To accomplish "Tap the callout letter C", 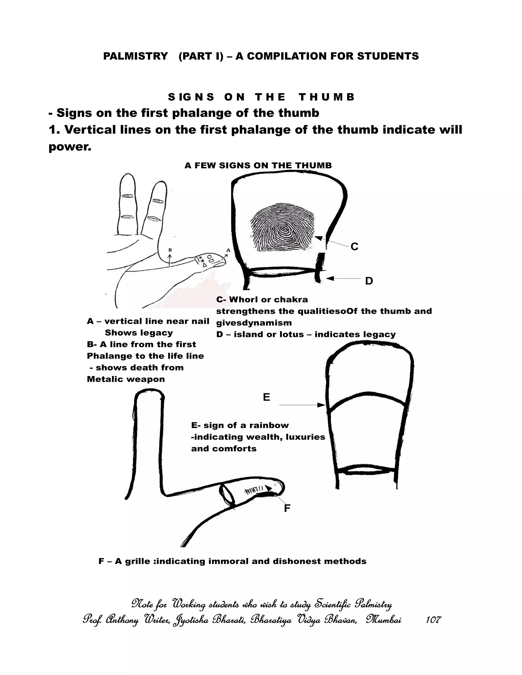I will (354, 247).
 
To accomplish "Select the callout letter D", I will (369, 281).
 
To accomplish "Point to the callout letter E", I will (266, 397).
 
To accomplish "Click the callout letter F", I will (287, 508).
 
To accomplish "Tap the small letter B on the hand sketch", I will (170, 250).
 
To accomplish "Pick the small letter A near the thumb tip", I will (228, 250).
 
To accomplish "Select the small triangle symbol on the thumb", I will (204, 265).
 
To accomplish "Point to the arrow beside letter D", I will (343, 278).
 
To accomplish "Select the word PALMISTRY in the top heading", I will (135, 56).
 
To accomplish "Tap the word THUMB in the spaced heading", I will (327, 97).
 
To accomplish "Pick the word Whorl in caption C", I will (244, 300).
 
